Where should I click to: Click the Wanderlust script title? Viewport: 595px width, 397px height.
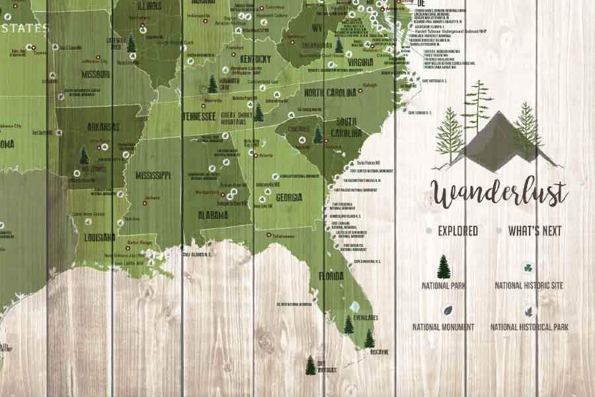coord(500,193)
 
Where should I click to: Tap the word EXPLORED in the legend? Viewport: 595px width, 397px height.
coord(457,231)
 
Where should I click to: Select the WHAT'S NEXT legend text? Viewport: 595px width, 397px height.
coord(534,231)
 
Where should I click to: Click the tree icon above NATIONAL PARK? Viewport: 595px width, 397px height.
coord(444,267)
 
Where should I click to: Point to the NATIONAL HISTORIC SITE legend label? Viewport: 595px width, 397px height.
coord(529,286)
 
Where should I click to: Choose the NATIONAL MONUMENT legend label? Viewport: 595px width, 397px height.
coord(443,327)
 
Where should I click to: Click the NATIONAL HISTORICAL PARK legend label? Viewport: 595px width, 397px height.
coord(529,327)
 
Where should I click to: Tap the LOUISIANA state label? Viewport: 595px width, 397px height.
coord(100,237)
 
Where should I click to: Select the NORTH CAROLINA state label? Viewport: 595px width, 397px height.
coord(330,92)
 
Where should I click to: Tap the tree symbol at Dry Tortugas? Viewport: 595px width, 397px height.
coord(310,365)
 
